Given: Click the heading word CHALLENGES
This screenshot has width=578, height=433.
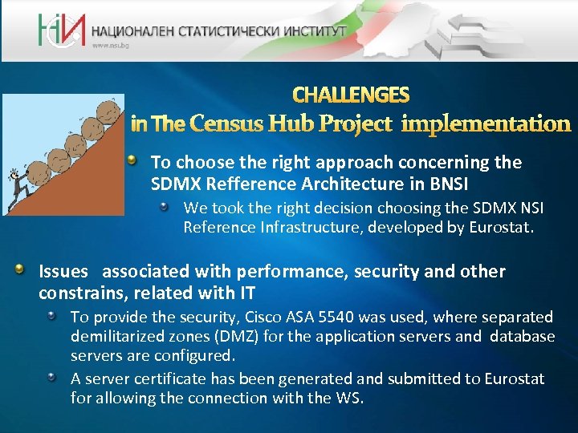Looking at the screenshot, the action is coord(351,95).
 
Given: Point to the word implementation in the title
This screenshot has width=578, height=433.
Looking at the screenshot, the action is coord(486,123).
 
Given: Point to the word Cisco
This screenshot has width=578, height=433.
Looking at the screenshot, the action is coord(286,318).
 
